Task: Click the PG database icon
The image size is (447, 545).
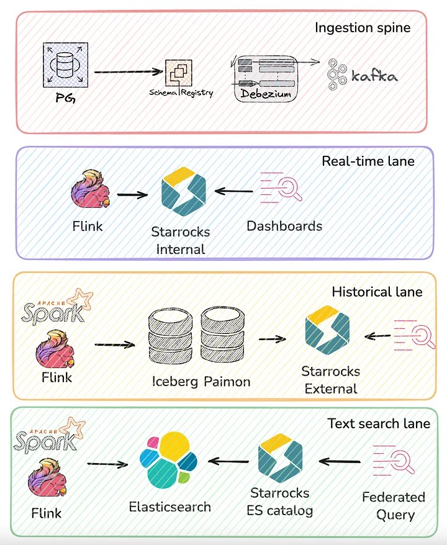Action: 65,64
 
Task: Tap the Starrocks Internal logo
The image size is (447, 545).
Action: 183,195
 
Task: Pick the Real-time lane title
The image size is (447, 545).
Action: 368,161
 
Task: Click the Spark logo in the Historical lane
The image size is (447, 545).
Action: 53,307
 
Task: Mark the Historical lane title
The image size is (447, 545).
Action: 377,292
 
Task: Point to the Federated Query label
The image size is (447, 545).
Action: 394,506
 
